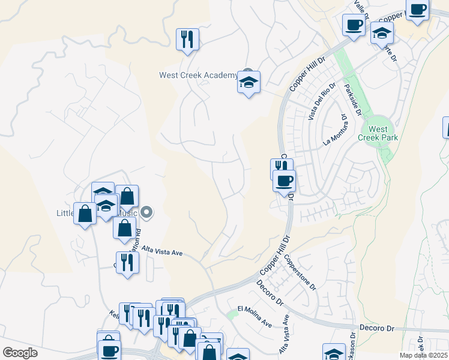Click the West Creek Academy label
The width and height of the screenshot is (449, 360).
click(198, 75)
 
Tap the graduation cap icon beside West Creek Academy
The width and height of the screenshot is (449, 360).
click(249, 82)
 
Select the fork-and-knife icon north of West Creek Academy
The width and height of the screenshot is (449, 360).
click(187, 40)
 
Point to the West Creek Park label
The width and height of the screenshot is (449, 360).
click(378, 133)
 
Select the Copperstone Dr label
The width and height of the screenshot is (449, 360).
click(300, 272)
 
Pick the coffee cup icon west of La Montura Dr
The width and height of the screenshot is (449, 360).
click(284, 181)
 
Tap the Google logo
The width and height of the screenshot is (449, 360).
click(20, 353)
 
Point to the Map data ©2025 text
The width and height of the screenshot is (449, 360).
click(423, 355)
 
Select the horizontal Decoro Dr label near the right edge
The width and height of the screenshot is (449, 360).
click(376, 328)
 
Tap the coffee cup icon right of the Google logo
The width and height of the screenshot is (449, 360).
click(109, 350)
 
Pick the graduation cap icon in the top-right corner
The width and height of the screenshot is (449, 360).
click(381, 34)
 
